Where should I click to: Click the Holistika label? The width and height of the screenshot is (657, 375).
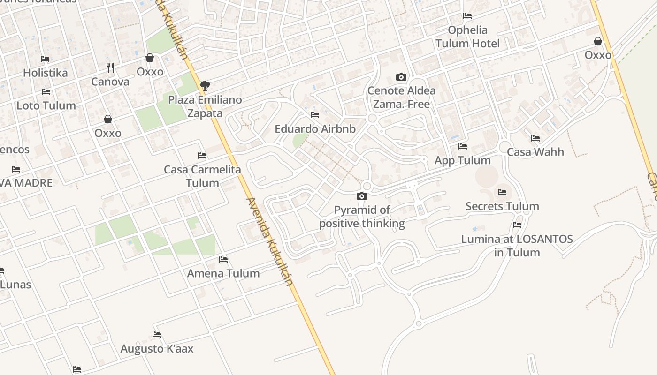point(45,73)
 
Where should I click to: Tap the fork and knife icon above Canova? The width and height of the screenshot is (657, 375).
point(110,68)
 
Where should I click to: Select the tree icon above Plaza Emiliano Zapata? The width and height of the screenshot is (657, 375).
point(205,85)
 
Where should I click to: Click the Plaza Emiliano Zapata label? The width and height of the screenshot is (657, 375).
point(205,106)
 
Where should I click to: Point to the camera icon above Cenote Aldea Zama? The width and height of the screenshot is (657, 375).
point(401,77)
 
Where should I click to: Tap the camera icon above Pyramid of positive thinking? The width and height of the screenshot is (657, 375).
point(362,196)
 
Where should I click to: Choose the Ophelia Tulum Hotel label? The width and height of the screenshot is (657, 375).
point(467,37)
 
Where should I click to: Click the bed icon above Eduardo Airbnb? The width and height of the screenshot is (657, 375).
point(315,114)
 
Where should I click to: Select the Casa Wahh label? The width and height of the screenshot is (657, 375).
point(535,152)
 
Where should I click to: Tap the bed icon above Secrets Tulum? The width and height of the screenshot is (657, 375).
point(502,192)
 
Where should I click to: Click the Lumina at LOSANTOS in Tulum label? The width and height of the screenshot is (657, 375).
point(517,246)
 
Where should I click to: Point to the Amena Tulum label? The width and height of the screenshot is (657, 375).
point(223,273)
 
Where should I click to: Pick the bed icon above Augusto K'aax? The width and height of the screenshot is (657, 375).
point(157,335)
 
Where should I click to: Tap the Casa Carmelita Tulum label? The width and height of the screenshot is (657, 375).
point(202,176)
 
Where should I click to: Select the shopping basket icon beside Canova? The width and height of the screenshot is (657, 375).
point(150,58)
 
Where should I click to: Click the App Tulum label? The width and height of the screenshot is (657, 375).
point(463,160)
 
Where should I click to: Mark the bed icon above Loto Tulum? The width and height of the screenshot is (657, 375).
point(46,92)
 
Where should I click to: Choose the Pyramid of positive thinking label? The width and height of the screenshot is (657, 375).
point(362,217)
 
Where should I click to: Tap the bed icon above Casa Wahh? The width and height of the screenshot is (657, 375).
point(535,138)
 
